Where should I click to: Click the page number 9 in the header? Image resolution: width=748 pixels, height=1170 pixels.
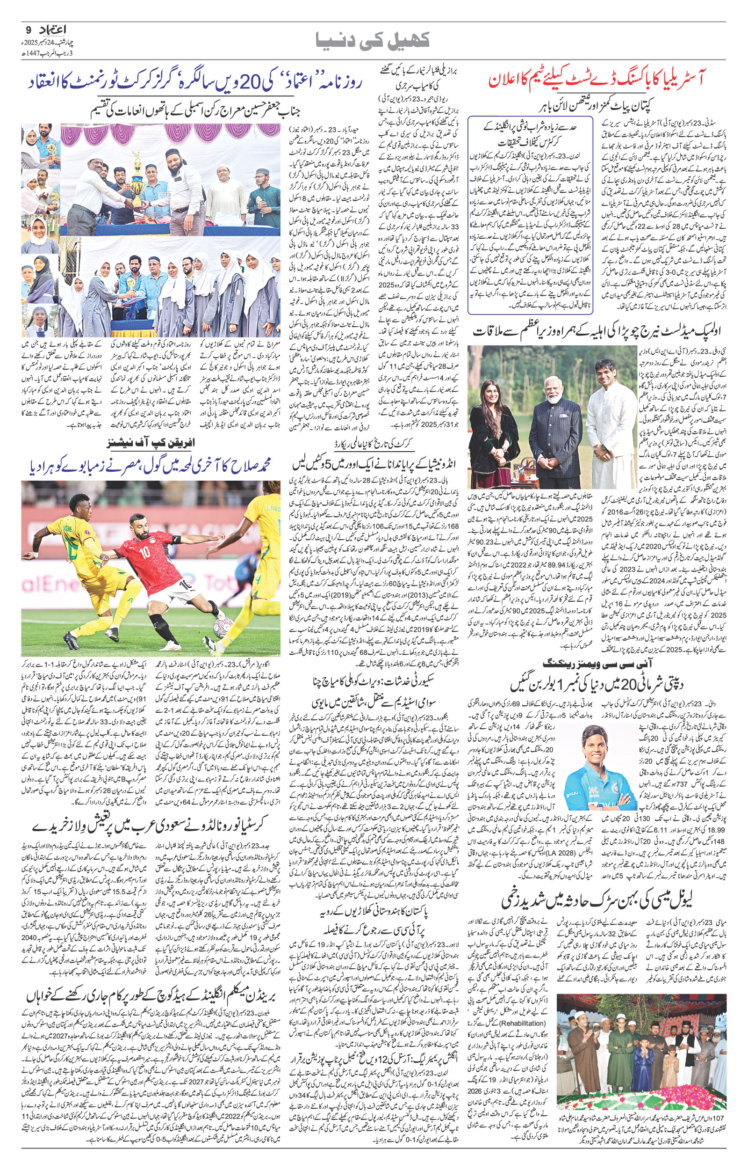click(x=27, y=29)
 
